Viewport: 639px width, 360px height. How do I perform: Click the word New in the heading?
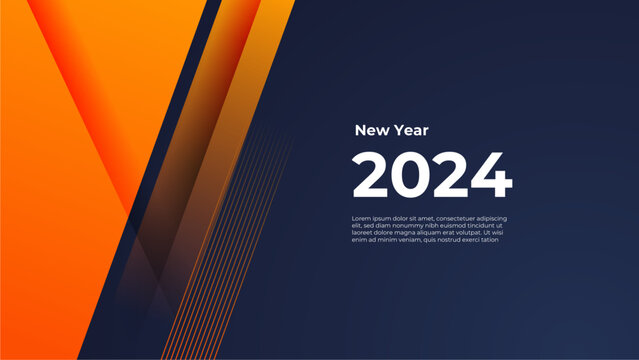click(x=370, y=130)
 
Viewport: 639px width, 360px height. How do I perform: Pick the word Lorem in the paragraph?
click(x=361, y=218)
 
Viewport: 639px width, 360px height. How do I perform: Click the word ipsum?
click(x=383, y=218)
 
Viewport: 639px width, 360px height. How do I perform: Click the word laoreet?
click(x=363, y=232)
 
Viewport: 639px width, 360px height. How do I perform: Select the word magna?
click(x=408, y=232)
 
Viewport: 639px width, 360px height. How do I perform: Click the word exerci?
click(x=478, y=239)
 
